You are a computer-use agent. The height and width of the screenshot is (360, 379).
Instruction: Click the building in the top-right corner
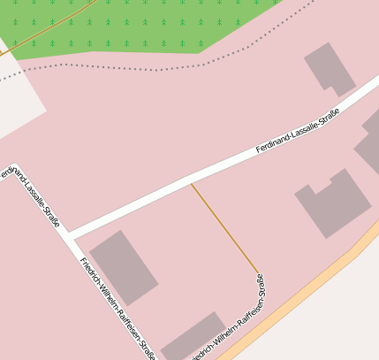(330, 68)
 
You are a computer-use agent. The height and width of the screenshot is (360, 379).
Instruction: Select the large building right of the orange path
(333, 203)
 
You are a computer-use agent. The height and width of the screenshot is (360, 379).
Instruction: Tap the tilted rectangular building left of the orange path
(124, 266)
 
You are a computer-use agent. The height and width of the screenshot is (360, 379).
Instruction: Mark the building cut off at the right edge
(370, 142)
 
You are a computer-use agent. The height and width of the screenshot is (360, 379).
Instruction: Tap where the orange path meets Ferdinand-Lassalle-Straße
(191, 183)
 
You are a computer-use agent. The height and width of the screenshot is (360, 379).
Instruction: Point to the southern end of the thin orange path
(259, 272)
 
